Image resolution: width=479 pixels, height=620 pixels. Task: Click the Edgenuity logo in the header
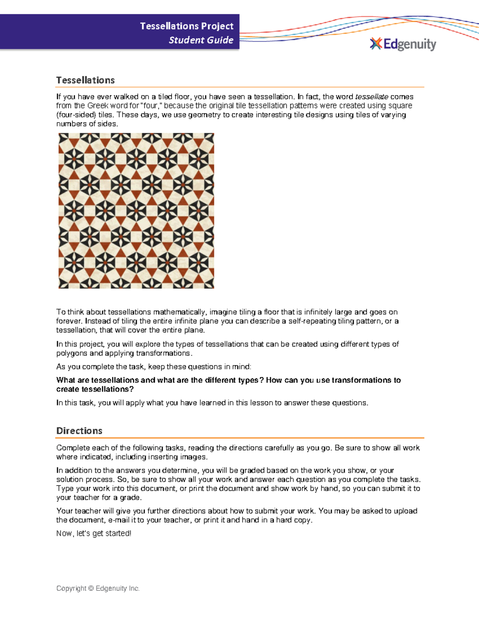(403, 44)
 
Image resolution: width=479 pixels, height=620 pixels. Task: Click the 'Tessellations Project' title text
(186, 26)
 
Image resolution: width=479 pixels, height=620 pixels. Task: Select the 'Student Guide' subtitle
(201, 40)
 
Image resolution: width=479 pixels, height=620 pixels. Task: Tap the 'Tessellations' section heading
(85, 80)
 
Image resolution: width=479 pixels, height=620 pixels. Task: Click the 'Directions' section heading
(79, 431)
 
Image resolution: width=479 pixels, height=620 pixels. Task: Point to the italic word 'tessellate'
(371, 97)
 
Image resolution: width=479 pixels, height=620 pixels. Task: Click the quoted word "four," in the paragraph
(152, 106)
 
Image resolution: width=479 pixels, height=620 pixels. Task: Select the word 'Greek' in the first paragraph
(98, 106)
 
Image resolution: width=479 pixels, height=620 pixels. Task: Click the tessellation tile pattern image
(136, 211)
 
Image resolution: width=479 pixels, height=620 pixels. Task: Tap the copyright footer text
(98, 588)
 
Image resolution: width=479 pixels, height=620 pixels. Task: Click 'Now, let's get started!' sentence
(94, 533)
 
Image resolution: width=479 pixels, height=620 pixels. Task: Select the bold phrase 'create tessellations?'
(95, 389)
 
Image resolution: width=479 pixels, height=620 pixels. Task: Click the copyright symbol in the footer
(91, 588)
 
